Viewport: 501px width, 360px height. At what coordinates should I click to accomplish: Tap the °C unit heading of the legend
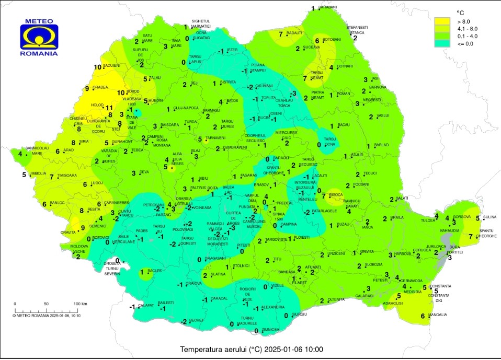[x=460, y=12]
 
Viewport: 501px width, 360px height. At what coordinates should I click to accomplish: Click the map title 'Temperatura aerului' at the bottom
[x=252, y=350]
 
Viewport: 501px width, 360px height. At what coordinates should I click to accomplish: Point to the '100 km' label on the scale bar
[x=79, y=304]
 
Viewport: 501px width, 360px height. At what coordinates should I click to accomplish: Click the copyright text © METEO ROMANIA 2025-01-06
[x=47, y=315]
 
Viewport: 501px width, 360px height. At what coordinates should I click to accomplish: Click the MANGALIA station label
[x=438, y=315]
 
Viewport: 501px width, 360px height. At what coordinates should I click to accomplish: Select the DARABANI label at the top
[x=328, y=7]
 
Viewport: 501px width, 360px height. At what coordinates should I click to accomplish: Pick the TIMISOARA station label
[x=67, y=175]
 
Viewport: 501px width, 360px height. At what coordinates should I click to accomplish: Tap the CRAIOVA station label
[x=194, y=283]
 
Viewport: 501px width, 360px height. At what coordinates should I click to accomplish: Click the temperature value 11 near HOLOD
[x=109, y=108]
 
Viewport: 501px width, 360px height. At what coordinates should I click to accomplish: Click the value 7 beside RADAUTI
[x=281, y=34]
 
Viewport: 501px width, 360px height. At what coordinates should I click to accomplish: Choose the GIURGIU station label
[x=299, y=314]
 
